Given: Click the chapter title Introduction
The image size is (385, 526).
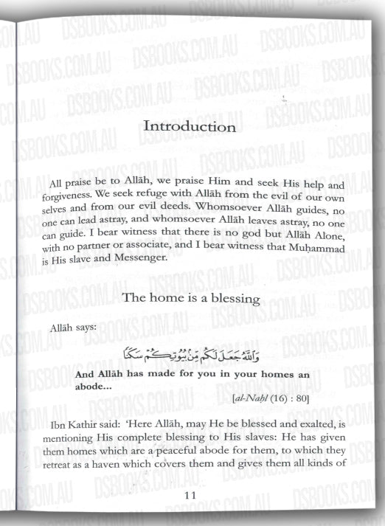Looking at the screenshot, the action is coord(190,127).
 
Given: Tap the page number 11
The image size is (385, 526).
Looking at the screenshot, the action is coord(190,495).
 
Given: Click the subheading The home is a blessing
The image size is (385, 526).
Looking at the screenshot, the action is coord(190,298).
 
